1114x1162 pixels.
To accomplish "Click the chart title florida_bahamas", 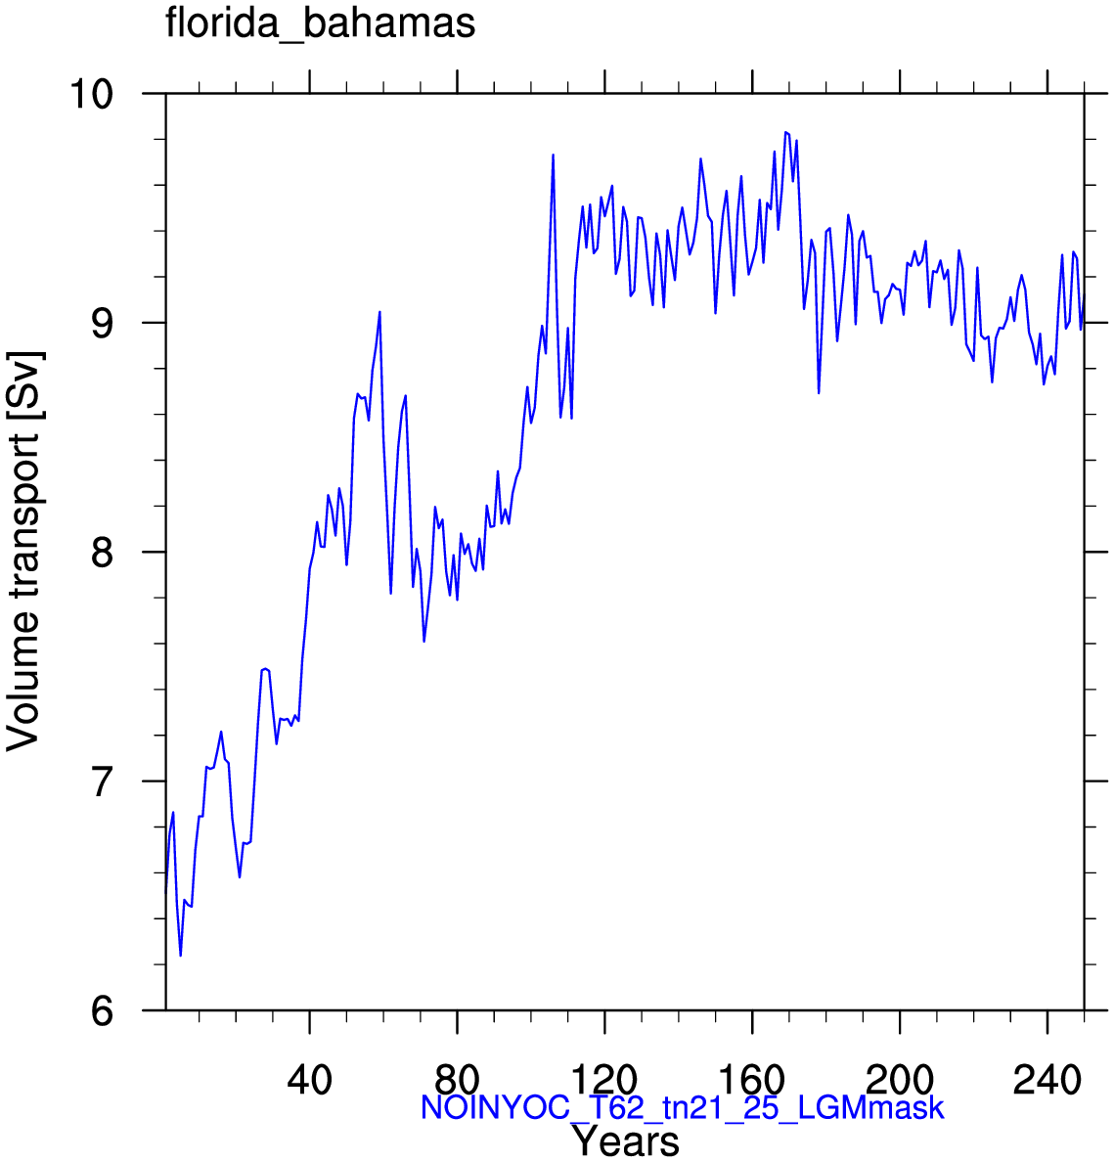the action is coord(320,22).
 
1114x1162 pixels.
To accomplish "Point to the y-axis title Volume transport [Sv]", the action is coord(23,552).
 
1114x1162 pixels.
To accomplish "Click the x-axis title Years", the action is coord(625,1140).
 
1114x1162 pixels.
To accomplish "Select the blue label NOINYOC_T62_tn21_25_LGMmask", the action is coord(683,1108).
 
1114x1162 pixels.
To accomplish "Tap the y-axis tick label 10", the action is coord(91,94).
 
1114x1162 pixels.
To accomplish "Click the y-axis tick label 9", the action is coord(103,323).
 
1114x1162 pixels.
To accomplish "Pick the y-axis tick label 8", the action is coord(103,552).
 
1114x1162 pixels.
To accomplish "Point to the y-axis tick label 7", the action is coord(103,782).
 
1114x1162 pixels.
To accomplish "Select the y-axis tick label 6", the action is coord(103,1010).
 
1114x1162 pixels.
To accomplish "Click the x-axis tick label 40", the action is coord(309,1080).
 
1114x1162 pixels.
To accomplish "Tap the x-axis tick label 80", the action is coord(458,1080).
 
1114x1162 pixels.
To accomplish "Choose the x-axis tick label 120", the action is coord(604,1080).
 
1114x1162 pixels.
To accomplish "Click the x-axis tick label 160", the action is coord(752,1080).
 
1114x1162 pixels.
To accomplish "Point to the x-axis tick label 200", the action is coord(900,1080).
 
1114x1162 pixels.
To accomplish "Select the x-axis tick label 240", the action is coord(1047,1080).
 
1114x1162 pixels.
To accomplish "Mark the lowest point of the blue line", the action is coord(180,956).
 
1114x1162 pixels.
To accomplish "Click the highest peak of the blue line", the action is coord(785,132).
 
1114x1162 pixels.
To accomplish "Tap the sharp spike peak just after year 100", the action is coord(553,155).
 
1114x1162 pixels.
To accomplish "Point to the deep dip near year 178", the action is coord(819,393).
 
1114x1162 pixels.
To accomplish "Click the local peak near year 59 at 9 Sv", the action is coord(379,312).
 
